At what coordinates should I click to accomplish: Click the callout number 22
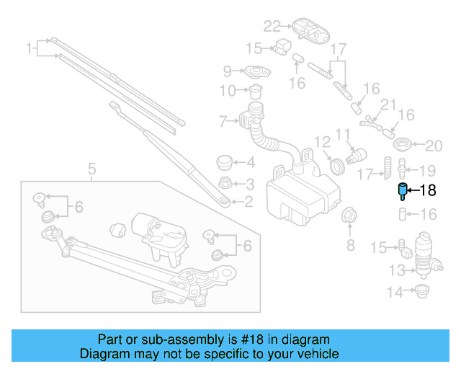point(271,27)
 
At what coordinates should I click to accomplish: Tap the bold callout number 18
point(428,191)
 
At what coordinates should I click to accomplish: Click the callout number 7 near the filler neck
point(223,120)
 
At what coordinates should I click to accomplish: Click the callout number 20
point(433,146)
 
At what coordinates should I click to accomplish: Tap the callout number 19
point(428,171)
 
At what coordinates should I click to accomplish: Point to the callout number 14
point(395,293)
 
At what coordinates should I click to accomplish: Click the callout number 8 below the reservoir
point(351,246)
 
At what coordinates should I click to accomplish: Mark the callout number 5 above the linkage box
point(91,170)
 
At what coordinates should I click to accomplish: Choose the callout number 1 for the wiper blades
point(30,49)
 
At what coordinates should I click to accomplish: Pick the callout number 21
point(388,105)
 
